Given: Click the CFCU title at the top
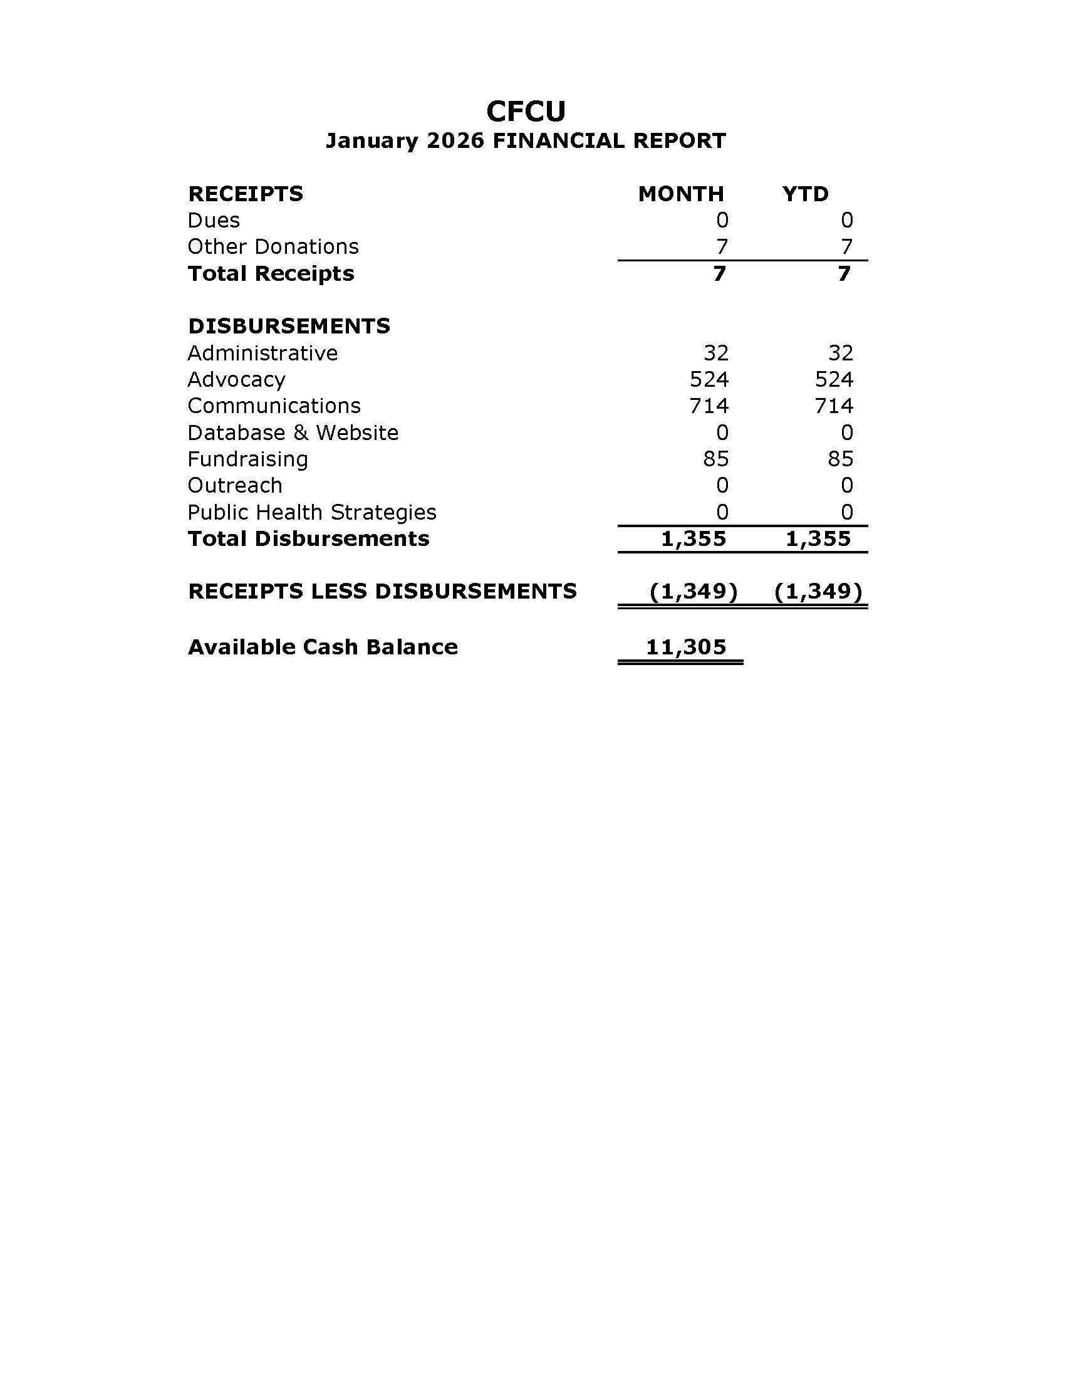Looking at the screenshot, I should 526,112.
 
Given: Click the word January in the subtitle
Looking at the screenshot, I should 371,141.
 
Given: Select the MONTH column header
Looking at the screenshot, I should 681,194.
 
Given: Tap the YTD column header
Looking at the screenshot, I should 805,194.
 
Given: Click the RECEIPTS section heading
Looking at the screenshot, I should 246,194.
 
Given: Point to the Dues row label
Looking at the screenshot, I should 214,221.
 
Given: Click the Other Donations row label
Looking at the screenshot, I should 273,247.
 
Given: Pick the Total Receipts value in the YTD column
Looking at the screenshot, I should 844,274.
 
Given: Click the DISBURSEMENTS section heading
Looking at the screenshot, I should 289,327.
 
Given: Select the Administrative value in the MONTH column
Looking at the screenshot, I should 715,353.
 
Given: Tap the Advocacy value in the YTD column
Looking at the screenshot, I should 833,379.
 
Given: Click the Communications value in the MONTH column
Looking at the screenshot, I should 709,406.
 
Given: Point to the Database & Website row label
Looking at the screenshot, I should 293,433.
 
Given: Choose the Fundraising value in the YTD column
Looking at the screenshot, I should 840,459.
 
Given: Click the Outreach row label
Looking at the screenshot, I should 235,486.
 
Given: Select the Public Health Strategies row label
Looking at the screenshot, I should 312,512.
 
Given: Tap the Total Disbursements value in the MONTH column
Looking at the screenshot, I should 694,538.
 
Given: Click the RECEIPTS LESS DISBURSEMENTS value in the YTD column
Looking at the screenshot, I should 818,592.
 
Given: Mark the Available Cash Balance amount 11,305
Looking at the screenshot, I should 686,648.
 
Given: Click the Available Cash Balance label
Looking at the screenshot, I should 323,648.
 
